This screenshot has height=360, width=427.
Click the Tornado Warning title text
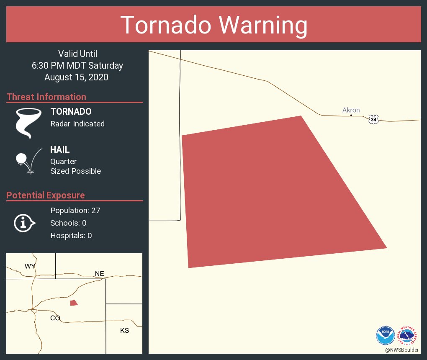pos(213,25)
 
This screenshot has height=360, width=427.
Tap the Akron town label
pos(351,110)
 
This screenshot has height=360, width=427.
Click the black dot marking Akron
pos(351,115)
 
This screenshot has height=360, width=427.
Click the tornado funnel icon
pos(28,123)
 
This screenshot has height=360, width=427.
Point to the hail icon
pos(28,161)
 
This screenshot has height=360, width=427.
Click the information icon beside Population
pos(25,223)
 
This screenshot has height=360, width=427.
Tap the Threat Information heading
pos(46,97)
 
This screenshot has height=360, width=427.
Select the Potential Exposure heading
pos(46,195)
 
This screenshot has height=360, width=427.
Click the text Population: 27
pos(75,210)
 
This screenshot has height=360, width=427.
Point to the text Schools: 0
pos(68,223)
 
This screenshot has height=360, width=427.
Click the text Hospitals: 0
pos(71,235)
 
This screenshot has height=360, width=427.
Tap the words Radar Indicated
pos(77,123)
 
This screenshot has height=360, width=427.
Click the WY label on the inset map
pos(30,266)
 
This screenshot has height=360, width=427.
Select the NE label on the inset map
pos(99,274)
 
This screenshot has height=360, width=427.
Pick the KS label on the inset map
pos(124,330)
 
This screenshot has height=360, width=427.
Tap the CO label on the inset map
pos(55,318)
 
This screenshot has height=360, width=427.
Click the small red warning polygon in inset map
pos(74,303)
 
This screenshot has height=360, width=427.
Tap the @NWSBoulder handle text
pos(402,350)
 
